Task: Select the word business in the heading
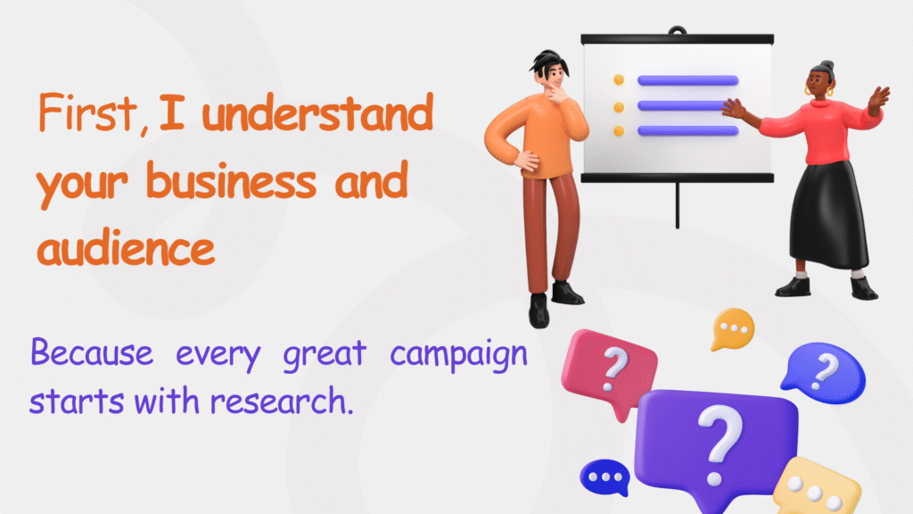[x=231, y=182]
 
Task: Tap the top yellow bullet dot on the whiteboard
[x=619, y=80]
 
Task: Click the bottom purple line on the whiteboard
[x=687, y=131]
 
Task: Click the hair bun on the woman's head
[x=827, y=66]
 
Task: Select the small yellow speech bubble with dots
[x=733, y=327]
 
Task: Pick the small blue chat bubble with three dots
[x=606, y=477]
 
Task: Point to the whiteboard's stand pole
[x=678, y=204]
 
